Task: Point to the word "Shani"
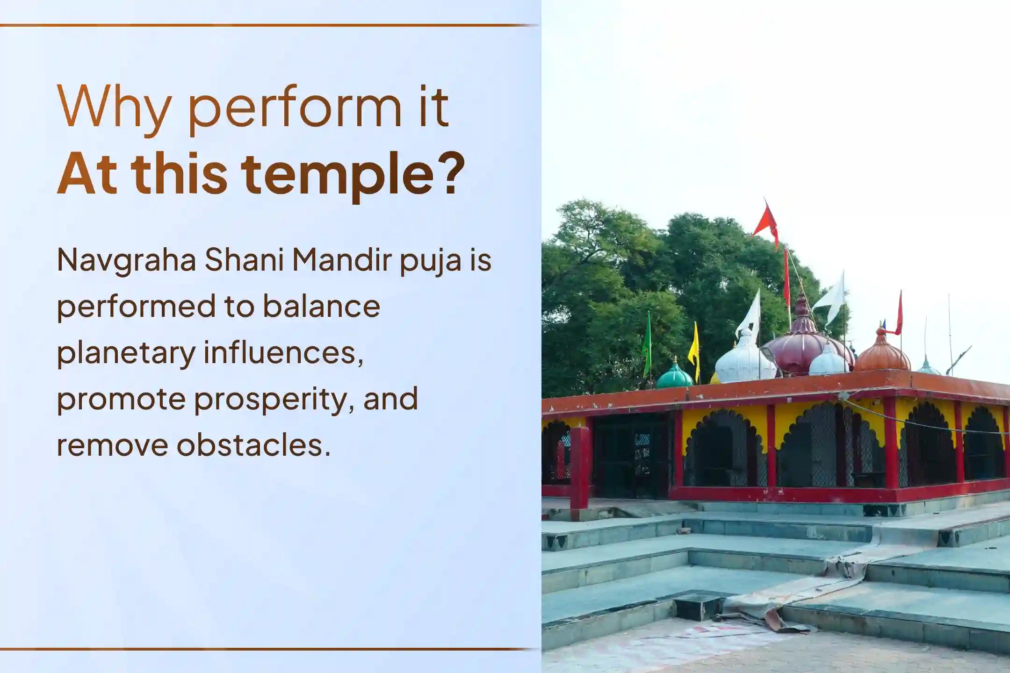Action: point(245,260)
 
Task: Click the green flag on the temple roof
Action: point(647,344)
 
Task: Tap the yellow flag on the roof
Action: point(695,348)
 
